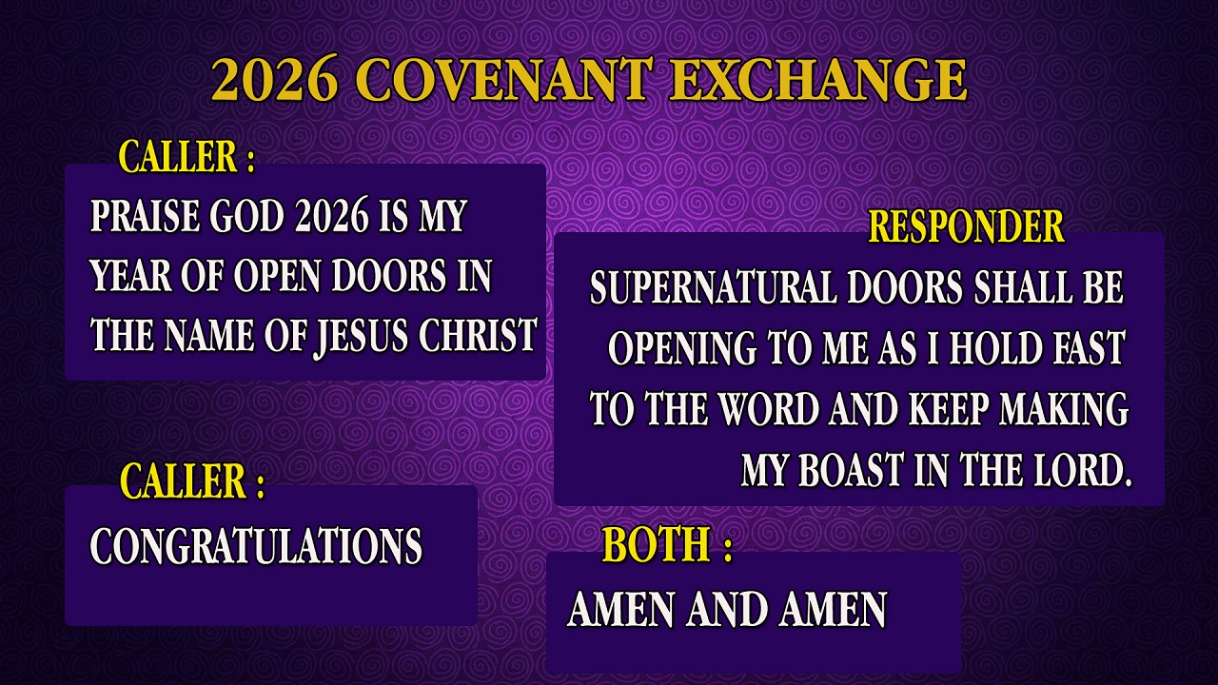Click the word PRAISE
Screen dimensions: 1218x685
pos(145,216)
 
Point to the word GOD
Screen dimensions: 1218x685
pos(246,216)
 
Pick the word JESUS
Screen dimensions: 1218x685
pos(362,337)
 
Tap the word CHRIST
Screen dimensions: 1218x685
pos(478,334)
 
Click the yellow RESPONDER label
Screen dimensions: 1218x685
pos(966,226)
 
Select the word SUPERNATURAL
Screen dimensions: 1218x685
pos(714,287)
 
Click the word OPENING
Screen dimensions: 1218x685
pos(682,348)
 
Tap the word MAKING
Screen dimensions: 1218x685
pos(1064,409)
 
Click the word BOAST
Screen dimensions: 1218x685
pos(851,470)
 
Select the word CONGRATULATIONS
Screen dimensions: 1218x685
pos(256,546)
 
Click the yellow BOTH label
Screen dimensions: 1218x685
pos(656,543)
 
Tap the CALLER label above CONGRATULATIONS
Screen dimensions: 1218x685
pos(192,481)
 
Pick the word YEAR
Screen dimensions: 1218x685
pos(130,276)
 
